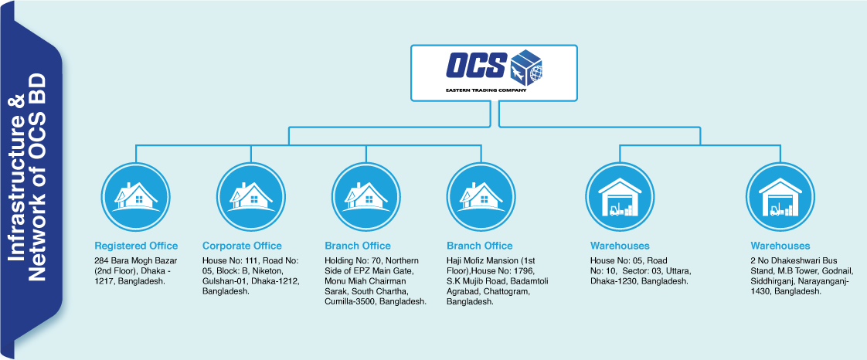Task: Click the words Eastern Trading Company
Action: coord(485,90)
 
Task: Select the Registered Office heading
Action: coord(136,246)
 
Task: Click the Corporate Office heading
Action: coord(242,246)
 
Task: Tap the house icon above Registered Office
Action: coord(136,195)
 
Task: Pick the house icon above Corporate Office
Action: coord(251,195)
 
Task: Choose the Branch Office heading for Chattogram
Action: coord(479,246)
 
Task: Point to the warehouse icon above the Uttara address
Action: coord(620,195)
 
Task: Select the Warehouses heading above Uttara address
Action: coord(620,246)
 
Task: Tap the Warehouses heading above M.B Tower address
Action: coord(780,246)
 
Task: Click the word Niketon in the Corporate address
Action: coord(267,271)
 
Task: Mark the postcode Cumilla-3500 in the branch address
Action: coord(354,301)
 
